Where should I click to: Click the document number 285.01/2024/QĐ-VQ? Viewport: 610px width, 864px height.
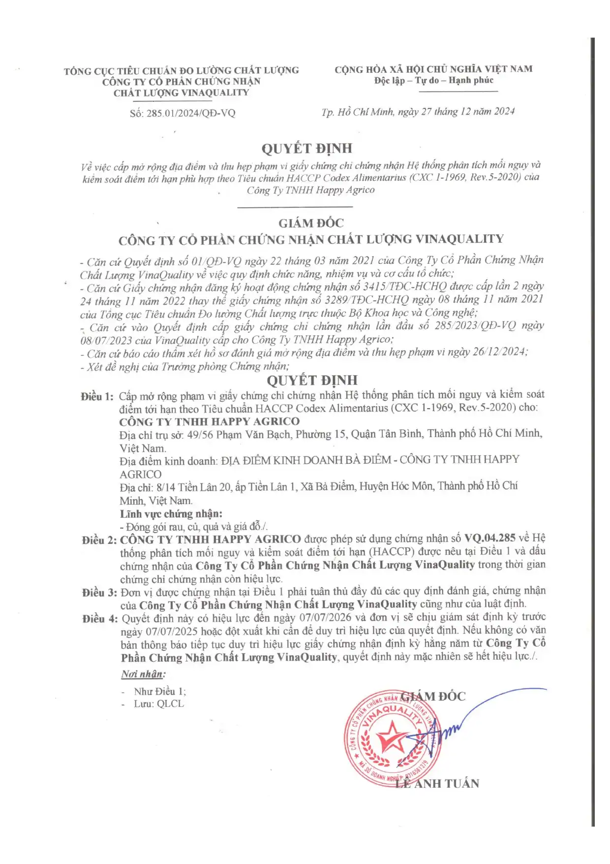[x=191, y=113]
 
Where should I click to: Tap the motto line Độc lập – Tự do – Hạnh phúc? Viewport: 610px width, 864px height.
[x=433, y=80]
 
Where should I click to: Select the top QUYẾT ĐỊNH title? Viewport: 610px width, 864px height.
[x=306, y=148]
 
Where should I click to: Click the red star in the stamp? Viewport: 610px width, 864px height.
[x=392, y=736]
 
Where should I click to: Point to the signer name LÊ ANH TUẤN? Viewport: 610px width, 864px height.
[x=437, y=783]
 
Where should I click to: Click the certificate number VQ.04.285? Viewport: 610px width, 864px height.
[x=490, y=538]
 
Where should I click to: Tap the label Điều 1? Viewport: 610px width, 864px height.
[x=97, y=396]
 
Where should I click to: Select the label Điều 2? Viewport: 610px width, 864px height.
[x=99, y=540]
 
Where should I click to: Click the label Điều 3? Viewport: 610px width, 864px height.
[x=99, y=592]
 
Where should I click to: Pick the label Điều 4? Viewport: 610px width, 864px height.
[x=100, y=618]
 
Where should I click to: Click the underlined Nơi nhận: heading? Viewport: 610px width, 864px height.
[x=143, y=674]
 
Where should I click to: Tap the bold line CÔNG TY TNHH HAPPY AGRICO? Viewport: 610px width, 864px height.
[x=209, y=421]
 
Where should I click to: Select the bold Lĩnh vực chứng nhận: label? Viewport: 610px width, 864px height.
[x=171, y=513]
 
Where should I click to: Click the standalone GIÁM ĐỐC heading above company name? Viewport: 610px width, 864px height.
[x=311, y=223]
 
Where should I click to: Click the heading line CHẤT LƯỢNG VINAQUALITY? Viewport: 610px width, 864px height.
[x=181, y=93]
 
